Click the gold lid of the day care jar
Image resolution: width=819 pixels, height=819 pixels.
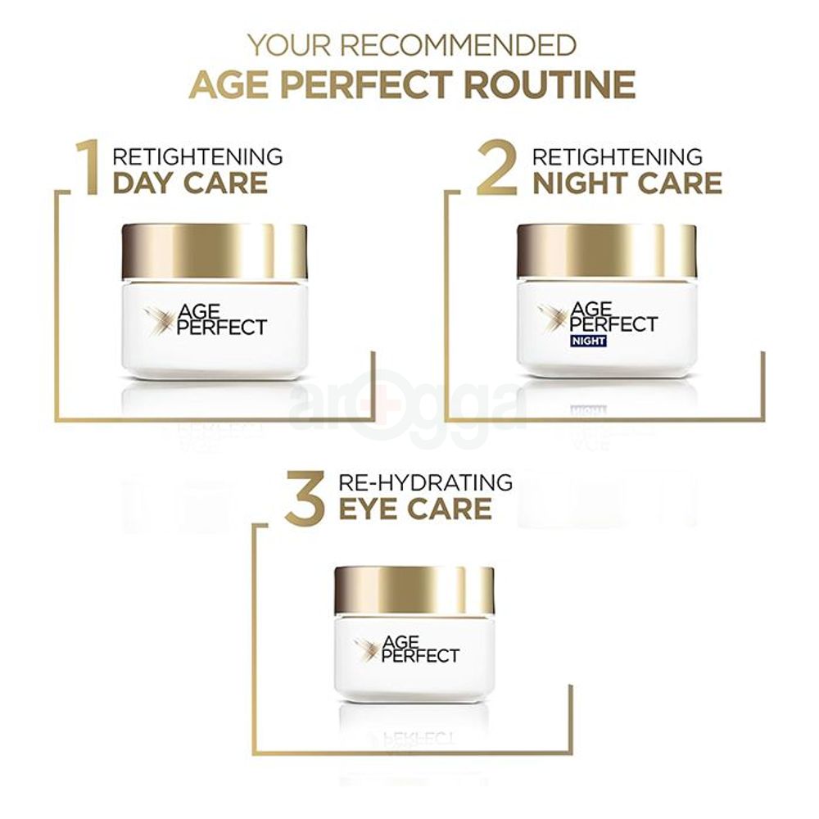[214, 251]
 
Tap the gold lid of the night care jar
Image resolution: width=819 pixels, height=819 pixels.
[606, 251]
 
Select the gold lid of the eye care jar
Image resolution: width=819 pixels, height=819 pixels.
[414, 590]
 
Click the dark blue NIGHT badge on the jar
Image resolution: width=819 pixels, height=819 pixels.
[586, 340]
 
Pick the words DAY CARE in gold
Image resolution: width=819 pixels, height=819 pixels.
[190, 183]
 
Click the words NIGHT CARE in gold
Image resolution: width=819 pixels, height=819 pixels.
[627, 183]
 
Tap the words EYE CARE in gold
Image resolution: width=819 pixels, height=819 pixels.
[415, 508]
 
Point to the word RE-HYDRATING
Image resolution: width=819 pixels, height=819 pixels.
[426, 482]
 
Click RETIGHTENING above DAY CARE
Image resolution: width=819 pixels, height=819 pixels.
[197, 156]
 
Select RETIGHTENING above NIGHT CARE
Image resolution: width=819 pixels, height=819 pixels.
[618, 156]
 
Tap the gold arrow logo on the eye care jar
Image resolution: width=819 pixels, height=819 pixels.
[365, 650]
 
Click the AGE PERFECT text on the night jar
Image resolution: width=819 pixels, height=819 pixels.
[613, 316]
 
